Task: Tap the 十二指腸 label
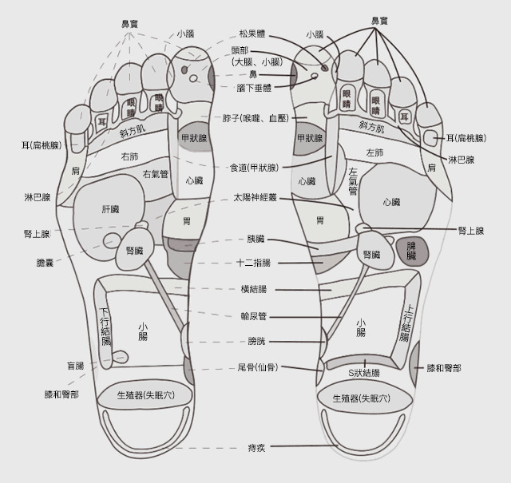255,263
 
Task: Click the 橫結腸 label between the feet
255,289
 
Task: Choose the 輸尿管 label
255,316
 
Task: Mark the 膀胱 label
255,341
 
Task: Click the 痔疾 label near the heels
255,447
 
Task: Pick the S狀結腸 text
365,372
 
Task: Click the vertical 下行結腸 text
105,326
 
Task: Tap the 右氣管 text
155,173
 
